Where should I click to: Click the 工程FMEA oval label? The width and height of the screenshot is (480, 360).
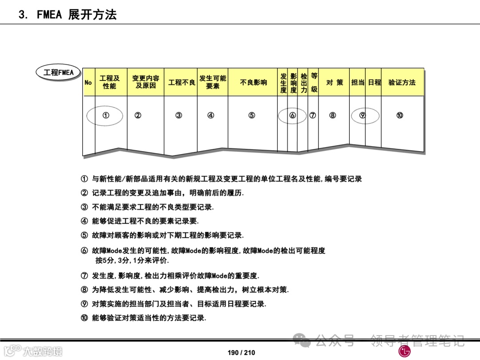(x=59, y=73)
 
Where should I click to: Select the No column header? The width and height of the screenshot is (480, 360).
(x=88, y=82)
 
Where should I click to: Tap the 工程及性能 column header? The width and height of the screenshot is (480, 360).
(x=109, y=82)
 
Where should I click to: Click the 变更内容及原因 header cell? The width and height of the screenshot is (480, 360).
(x=146, y=82)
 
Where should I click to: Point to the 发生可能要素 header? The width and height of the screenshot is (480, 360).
(x=212, y=82)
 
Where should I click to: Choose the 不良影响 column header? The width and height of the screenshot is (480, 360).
(x=253, y=82)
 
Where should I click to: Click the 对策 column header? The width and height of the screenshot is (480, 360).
(x=335, y=82)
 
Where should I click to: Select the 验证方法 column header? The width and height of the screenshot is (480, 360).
(x=402, y=82)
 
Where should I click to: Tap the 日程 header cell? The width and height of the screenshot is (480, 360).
(x=374, y=82)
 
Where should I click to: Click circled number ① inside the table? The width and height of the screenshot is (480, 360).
(x=106, y=116)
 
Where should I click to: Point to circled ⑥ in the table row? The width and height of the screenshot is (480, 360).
(x=292, y=116)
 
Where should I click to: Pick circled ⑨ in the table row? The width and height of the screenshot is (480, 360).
(x=363, y=116)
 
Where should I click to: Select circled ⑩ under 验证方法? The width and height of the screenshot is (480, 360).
(x=400, y=116)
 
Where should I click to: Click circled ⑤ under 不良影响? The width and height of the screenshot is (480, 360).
(x=252, y=116)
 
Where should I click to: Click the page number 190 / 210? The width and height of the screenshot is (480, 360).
(x=241, y=352)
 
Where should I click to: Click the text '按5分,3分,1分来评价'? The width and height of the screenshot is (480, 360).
(x=132, y=260)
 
